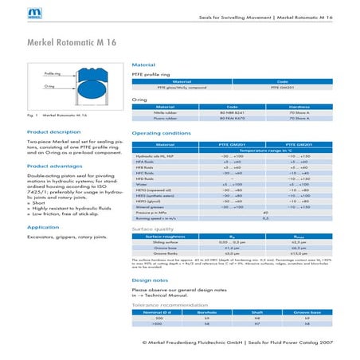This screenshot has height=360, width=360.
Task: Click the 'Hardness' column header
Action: coord(299,107)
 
